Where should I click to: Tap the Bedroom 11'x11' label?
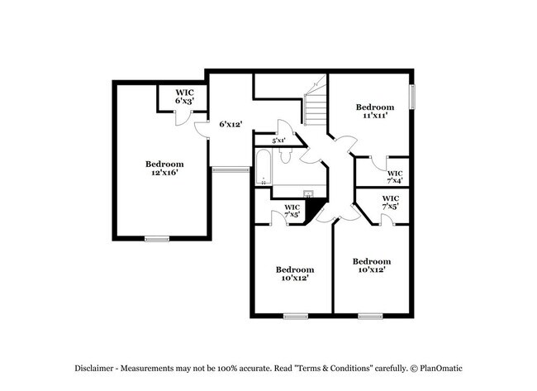click(x=374, y=112)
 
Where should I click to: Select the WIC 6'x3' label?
click(x=183, y=96)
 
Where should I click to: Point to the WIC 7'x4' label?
click(x=394, y=177)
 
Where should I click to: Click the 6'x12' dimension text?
click(x=230, y=124)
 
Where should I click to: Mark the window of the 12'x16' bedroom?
click(x=156, y=239)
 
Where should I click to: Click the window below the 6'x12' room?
click(x=230, y=169)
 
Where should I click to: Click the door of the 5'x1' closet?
click(x=285, y=129)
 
